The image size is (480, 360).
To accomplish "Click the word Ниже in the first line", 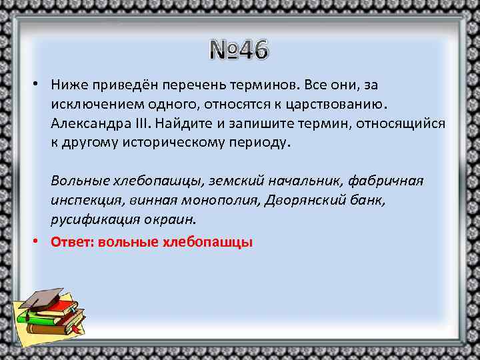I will (x=69, y=86).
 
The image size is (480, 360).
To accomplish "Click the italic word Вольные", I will (x=76, y=181).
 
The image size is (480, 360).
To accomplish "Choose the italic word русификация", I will (x=92, y=219).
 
